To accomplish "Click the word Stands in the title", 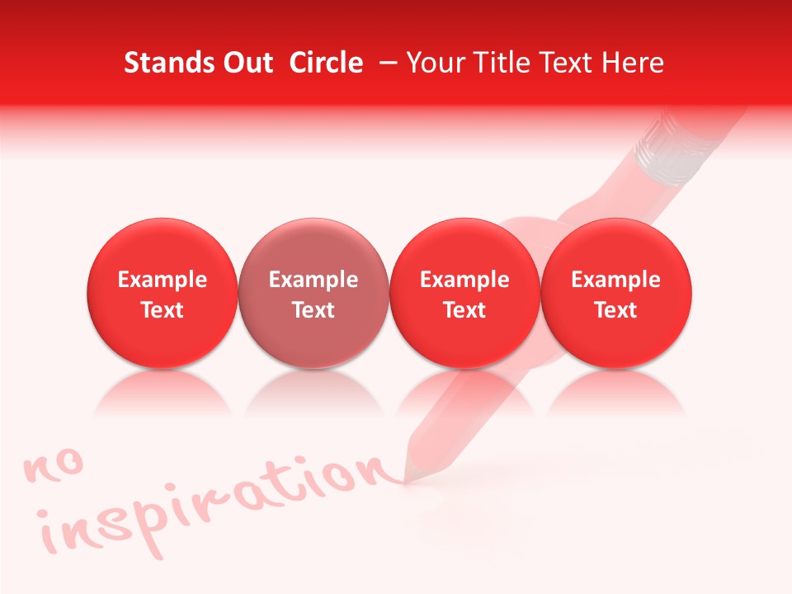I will click(166, 63).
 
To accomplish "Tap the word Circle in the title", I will click(326, 63).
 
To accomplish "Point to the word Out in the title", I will click(246, 63).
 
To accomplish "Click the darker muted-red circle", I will click(313, 294).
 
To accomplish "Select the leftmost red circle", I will click(163, 294).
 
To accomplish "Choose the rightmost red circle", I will click(616, 294).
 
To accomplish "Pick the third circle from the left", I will click(464, 294).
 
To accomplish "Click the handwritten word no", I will click(54, 466).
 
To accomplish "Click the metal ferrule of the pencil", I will click(676, 148).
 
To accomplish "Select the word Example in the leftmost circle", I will click(163, 280).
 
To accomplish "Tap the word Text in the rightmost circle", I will click(616, 310).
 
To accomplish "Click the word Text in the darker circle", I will click(313, 310).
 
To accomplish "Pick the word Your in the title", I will click(435, 63).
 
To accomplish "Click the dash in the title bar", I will click(385, 63).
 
